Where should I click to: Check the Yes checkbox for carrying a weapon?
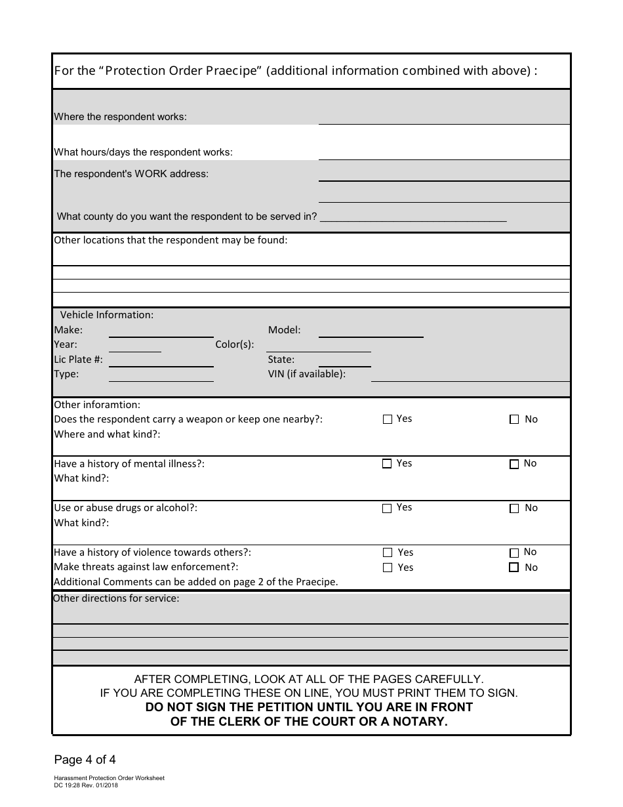click(x=387, y=419)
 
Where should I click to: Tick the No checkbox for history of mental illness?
click(x=514, y=464)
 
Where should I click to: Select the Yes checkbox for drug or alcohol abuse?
click(x=387, y=508)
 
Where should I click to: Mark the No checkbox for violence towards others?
click(x=514, y=552)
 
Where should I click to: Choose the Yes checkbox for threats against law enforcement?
click(x=387, y=568)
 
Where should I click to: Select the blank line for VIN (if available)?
click(x=470, y=375)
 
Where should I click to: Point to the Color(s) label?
click(x=235, y=344)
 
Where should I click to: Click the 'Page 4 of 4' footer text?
click(x=85, y=760)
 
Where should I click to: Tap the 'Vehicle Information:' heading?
click(x=107, y=315)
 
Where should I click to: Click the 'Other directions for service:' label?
click(x=116, y=598)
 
